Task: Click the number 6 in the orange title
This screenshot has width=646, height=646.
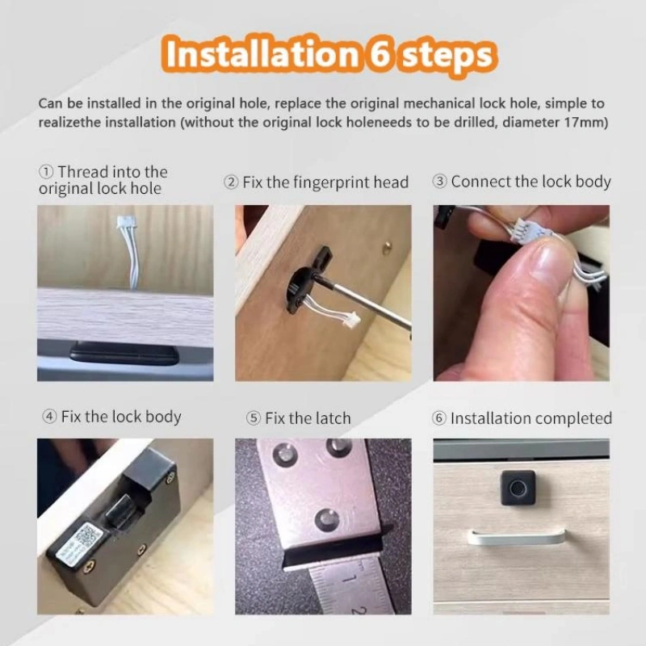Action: (379, 54)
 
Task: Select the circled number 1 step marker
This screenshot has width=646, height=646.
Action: (46, 172)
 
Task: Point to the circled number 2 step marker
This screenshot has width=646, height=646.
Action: (231, 182)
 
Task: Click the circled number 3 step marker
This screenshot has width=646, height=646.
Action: (440, 181)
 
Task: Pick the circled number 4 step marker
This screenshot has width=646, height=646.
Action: (49, 417)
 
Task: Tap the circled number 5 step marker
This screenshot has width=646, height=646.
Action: (254, 418)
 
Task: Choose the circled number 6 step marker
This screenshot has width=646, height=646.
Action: (439, 418)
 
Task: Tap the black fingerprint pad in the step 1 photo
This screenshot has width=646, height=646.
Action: (124, 353)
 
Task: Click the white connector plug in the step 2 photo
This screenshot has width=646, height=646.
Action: (352, 319)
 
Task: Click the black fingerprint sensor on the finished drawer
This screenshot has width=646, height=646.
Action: (518, 488)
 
